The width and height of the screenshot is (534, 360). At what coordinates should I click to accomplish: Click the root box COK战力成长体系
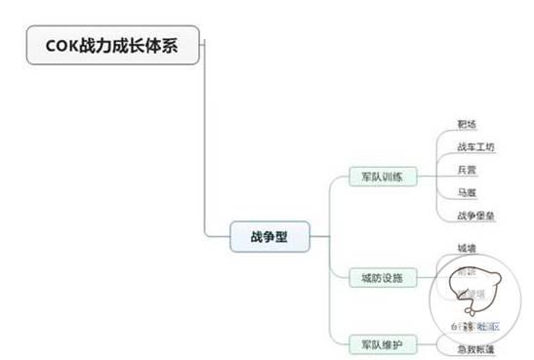point(113,45)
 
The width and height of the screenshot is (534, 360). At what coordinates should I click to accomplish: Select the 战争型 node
point(268,236)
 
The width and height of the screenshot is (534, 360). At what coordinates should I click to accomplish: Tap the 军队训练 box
point(383,178)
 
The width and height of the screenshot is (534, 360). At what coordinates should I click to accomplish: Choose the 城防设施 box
point(383,279)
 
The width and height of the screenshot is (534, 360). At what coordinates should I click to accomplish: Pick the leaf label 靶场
point(468,125)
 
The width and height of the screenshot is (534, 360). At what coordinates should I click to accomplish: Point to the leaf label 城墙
point(468,249)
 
